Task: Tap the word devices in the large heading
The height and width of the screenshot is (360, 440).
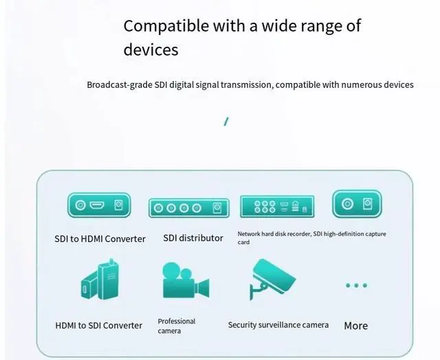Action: click(x=151, y=49)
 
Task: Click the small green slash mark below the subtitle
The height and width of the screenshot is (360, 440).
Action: click(x=225, y=122)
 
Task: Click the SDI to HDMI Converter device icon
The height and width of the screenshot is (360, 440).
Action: click(x=99, y=205)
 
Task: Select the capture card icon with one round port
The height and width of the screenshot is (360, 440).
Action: click(x=357, y=204)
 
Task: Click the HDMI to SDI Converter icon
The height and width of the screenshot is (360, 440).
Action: click(x=100, y=281)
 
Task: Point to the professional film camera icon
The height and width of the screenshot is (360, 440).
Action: click(x=184, y=282)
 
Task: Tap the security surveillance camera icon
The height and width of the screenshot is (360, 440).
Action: click(x=273, y=278)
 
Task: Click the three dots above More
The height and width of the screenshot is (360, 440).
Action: click(x=356, y=285)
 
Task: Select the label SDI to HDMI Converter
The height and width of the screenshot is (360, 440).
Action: click(x=100, y=239)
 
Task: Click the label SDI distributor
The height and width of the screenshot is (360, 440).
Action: click(x=193, y=238)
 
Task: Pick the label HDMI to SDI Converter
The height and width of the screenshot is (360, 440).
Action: click(x=99, y=325)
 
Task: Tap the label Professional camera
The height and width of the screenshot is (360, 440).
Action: click(x=177, y=326)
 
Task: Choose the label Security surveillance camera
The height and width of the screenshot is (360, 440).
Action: click(x=278, y=325)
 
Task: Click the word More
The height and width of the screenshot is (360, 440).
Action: click(x=355, y=326)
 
